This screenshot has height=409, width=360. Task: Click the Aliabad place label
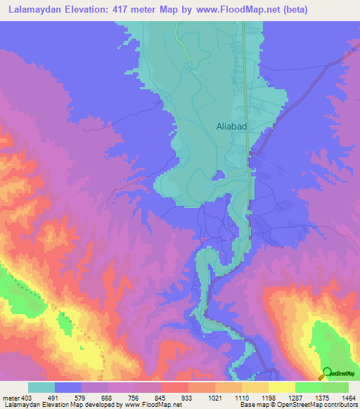click(232, 126)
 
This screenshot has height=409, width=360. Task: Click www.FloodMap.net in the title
click(237, 10)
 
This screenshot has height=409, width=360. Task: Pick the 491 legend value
click(67, 398)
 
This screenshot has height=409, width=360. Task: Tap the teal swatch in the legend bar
click(41, 387)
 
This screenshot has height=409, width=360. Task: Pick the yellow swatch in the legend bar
click(281, 387)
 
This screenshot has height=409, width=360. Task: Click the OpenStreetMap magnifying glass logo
click(326, 375)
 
